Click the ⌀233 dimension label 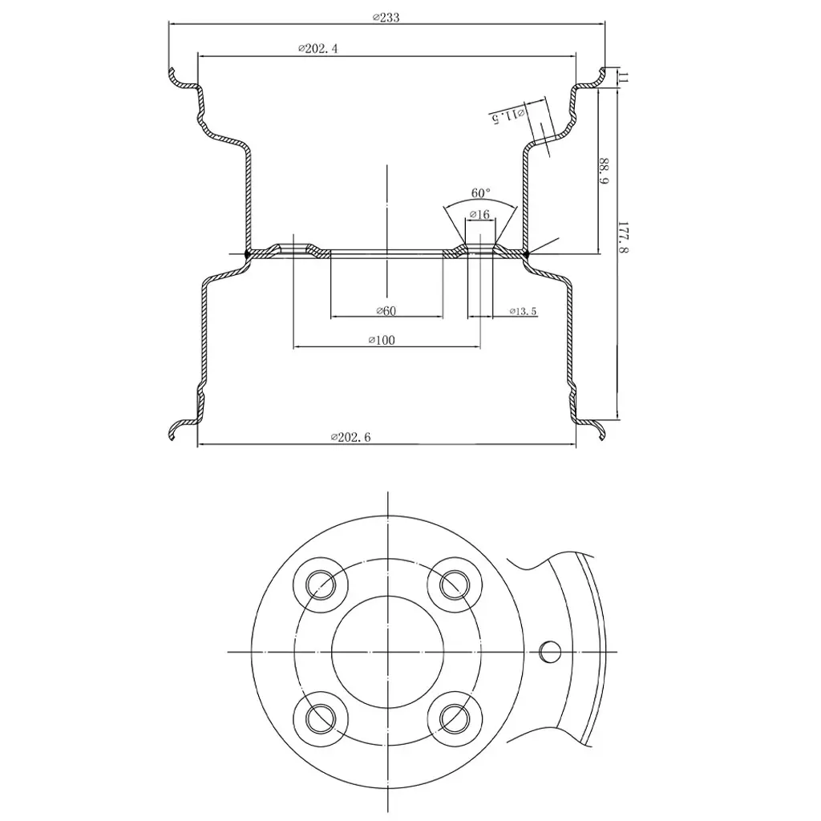(x=386, y=18)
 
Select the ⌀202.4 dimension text (x=317, y=49)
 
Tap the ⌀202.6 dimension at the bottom (x=350, y=438)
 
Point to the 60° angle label (x=481, y=193)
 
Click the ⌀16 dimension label (x=479, y=215)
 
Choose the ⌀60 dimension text (x=386, y=311)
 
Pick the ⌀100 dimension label (x=382, y=340)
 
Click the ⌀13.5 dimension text (x=523, y=311)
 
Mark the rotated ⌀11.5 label (x=508, y=115)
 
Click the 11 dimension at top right (x=624, y=77)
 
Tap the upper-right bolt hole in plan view (x=454, y=584)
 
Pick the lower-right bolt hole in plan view (x=454, y=717)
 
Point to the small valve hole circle (x=550, y=651)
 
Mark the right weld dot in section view (x=526, y=254)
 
